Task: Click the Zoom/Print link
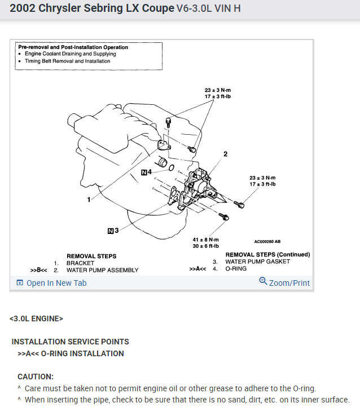[x=284, y=282]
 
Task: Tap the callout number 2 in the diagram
[x=225, y=153]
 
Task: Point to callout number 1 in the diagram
[x=89, y=200]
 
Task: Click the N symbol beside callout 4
[x=144, y=172]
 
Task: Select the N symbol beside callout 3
[x=110, y=230]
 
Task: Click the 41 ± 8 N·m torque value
[x=205, y=240]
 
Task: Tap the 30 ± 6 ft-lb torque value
[x=205, y=246]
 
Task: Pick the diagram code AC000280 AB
[x=267, y=241]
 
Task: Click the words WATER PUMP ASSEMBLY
[x=102, y=270]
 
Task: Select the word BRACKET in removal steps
[x=80, y=263]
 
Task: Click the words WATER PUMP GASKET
[x=257, y=262]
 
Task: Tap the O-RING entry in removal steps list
[x=237, y=269]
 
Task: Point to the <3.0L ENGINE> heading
[x=36, y=318]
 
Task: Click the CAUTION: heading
[x=36, y=377]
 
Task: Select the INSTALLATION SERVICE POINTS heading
[x=70, y=342]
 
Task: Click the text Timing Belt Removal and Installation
[x=67, y=61]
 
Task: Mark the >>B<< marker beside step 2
[x=39, y=270]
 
